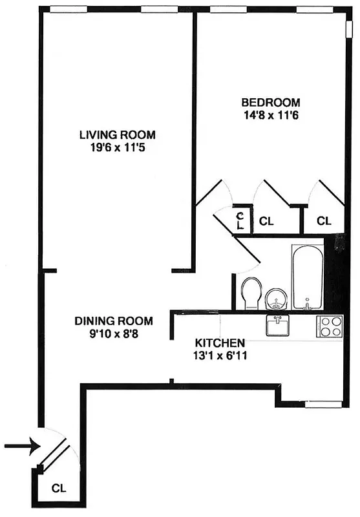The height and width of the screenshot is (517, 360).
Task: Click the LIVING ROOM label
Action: (x=118, y=134)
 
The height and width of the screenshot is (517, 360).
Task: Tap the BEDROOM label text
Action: (x=271, y=103)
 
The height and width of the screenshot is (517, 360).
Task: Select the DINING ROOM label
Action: (x=114, y=321)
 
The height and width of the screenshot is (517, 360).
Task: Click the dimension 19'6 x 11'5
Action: (x=118, y=147)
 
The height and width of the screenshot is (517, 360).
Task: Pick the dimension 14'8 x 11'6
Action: (x=271, y=116)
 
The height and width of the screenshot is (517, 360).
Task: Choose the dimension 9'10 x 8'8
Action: (x=114, y=333)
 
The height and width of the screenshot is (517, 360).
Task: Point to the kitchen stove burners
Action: (x=330, y=326)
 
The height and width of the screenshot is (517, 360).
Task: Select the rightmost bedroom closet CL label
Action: (x=324, y=221)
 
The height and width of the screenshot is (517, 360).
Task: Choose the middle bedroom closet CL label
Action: (x=266, y=221)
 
